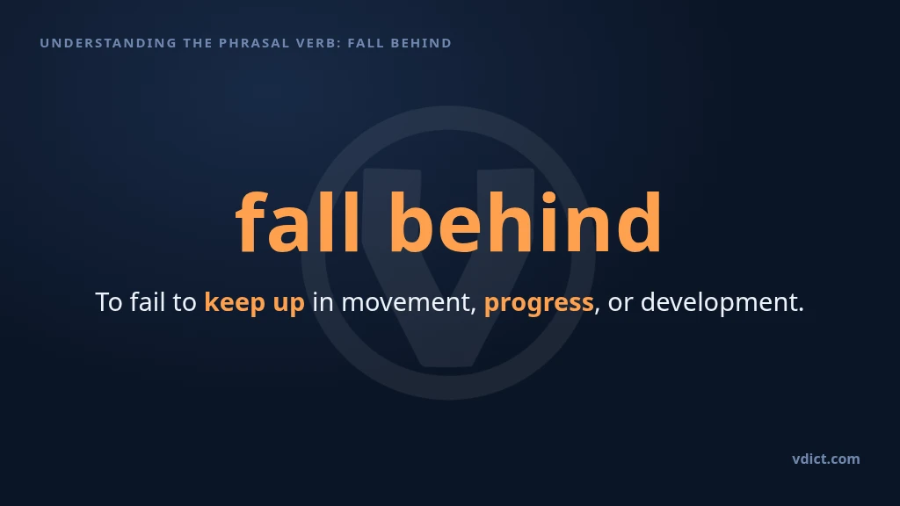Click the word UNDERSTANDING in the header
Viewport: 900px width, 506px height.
click(108, 43)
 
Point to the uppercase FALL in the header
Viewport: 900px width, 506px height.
click(366, 43)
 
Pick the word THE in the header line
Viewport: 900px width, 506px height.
click(198, 43)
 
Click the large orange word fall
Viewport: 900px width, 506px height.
click(298, 221)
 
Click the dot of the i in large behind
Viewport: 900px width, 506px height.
click(548, 198)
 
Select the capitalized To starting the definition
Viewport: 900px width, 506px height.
click(108, 302)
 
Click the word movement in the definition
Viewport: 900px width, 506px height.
click(409, 302)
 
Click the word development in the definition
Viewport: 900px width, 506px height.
click(722, 302)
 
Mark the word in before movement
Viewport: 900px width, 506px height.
click(323, 302)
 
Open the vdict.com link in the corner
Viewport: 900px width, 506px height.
click(826, 459)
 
